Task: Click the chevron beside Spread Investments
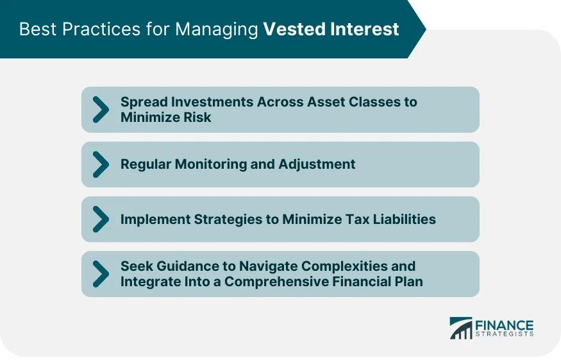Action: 100,110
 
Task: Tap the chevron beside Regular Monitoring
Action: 100,164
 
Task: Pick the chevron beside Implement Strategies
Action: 100,219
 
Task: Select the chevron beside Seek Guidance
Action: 100,274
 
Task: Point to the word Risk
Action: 196,117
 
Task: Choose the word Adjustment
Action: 317,164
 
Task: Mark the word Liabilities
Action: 406,219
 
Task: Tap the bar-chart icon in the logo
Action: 461,328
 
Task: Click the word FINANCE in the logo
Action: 504,325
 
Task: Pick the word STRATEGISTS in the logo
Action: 504,334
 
